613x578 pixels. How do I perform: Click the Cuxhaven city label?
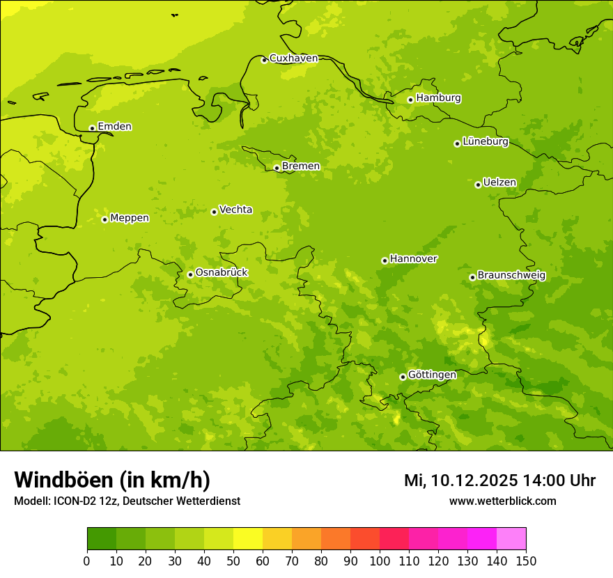click(293, 58)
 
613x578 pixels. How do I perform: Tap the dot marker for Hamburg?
click(411, 100)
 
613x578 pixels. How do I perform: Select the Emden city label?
click(114, 127)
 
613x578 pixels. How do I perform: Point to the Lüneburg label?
click(486, 142)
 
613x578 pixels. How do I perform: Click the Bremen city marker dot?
click(277, 168)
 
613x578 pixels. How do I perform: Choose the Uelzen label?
click(499, 183)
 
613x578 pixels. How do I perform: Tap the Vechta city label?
click(235, 210)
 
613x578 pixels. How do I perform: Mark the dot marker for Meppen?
click(104, 219)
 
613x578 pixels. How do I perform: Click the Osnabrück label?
click(222, 273)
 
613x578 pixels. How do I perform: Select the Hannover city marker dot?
click(385, 260)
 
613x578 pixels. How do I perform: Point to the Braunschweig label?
click(511, 276)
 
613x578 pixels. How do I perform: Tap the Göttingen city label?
click(432, 375)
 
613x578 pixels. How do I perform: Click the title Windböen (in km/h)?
click(112, 481)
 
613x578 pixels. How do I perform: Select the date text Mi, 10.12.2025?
click(460, 481)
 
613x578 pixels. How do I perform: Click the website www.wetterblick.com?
click(502, 501)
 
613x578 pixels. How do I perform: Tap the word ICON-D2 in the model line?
click(75, 501)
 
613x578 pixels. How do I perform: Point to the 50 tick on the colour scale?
click(233, 561)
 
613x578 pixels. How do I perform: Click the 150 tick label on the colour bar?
click(526, 561)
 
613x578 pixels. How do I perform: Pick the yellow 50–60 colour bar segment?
click(248, 538)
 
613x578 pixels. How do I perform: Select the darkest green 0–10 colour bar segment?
click(102, 538)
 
